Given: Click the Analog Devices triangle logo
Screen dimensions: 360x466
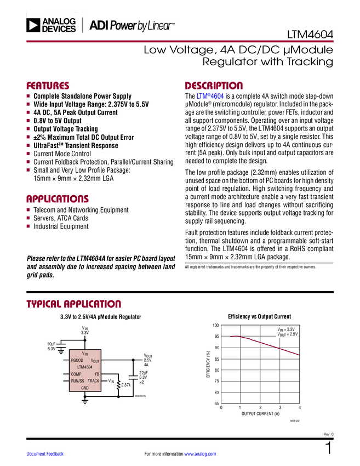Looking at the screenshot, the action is pos(33,25).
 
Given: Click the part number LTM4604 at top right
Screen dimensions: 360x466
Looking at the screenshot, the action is pos(310,35).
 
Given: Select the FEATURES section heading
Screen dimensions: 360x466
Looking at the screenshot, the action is pos(48,86).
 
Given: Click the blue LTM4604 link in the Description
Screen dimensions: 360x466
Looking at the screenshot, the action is pos(210,96).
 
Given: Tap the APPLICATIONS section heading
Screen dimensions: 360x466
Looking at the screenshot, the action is pos(58,199).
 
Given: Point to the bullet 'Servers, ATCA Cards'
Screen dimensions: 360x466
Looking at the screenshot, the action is pos(61,218).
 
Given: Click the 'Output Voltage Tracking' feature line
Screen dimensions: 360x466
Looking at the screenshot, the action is pos(66,129).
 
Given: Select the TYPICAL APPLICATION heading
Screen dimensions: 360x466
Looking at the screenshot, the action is pos(73,304).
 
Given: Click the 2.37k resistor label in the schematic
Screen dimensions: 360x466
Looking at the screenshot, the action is pos(126,385).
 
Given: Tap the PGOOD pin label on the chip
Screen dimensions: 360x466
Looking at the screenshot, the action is pos(77,360).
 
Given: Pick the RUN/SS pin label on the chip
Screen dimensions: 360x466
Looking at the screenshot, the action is pos(77,380).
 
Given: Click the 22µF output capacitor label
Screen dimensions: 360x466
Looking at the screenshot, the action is pos(144,373).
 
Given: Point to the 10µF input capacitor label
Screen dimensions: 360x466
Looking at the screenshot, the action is pos(52,344).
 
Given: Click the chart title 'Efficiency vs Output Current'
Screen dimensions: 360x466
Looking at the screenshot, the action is pos(259,316).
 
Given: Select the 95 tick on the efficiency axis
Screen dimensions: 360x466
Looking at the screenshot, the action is pos(216,337).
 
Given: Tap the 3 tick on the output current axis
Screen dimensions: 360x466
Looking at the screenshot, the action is pos(280,407).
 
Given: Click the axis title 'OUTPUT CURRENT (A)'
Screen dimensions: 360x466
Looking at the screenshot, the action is pos(260,414).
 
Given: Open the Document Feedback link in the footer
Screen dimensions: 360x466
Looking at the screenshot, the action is pos(45,454).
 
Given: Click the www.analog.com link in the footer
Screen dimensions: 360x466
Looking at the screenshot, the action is pos(200,454).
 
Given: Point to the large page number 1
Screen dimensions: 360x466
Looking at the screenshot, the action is pos(329,448).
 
